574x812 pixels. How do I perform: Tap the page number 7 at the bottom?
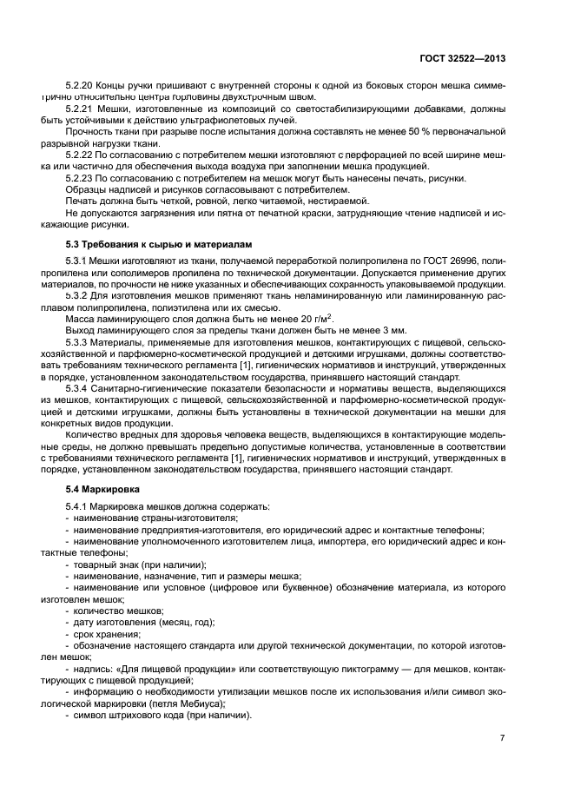coord(502,737)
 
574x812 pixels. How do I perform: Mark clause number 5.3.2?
coord(78,295)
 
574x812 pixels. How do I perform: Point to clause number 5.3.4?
coord(78,389)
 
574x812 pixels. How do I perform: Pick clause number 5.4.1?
coord(78,505)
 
